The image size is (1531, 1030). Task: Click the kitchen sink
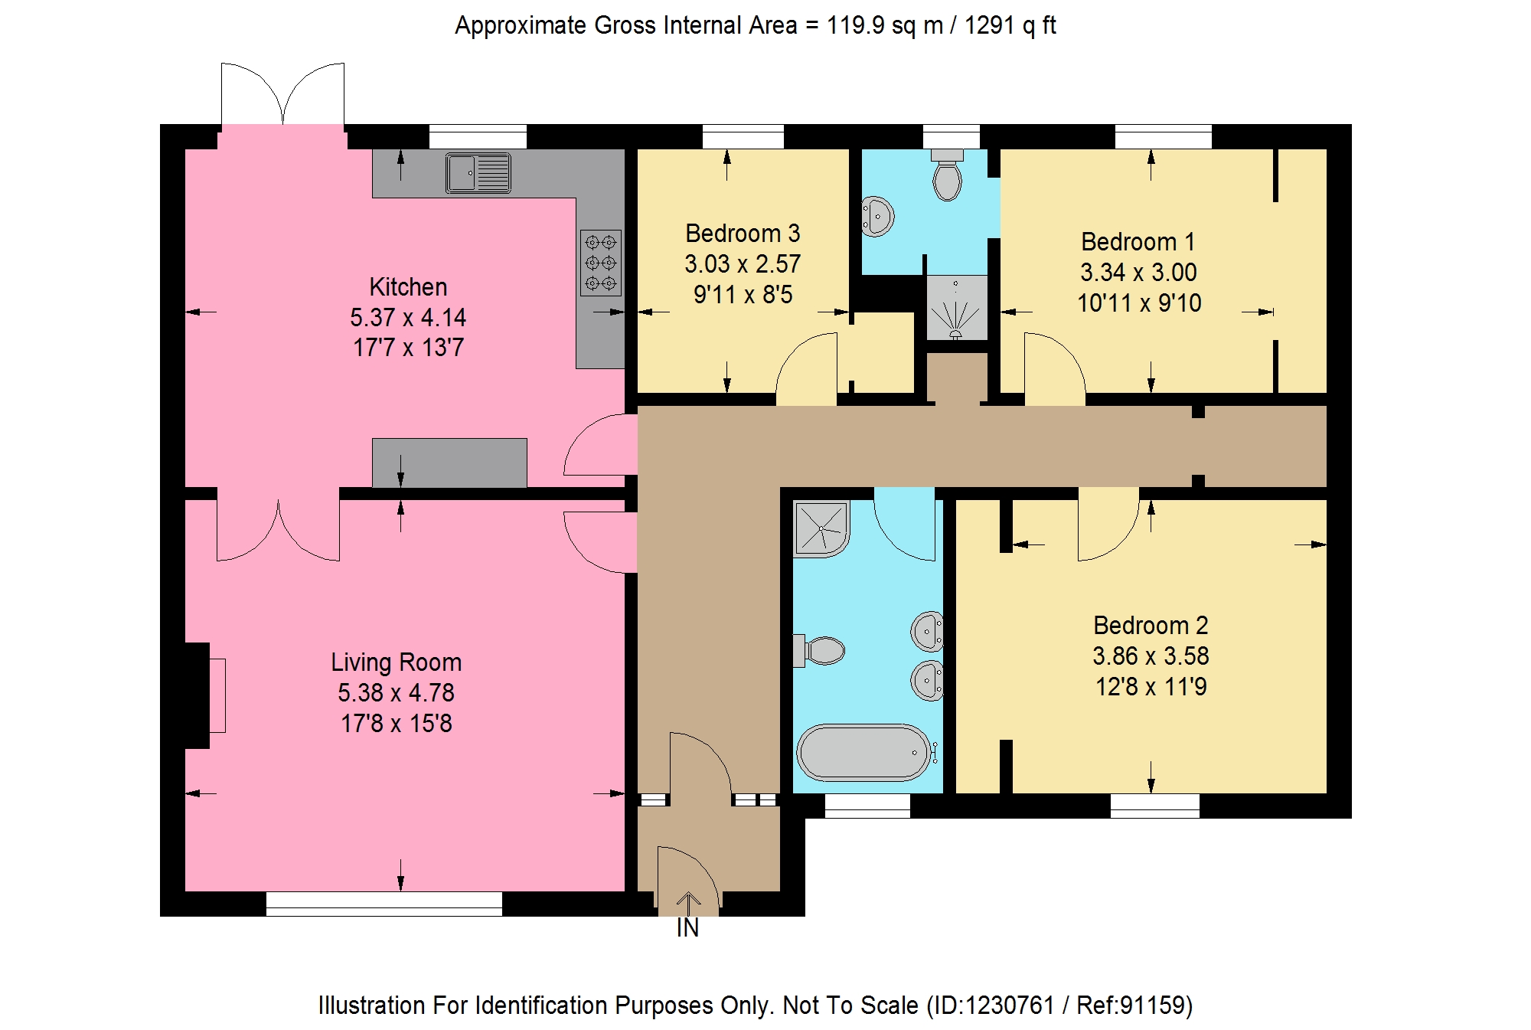click(x=478, y=172)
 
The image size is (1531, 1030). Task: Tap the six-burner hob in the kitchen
click(x=601, y=263)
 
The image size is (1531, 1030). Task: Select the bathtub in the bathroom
click(x=863, y=752)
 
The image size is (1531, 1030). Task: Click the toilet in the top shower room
click(x=948, y=175)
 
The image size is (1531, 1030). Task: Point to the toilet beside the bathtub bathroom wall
click(x=819, y=651)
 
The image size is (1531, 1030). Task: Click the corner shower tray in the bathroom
click(x=821, y=528)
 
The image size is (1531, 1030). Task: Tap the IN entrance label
click(x=687, y=928)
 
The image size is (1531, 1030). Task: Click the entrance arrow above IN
click(x=688, y=904)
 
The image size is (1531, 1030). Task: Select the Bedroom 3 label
click(x=743, y=233)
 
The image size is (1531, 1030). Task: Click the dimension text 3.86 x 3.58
click(x=1151, y=656)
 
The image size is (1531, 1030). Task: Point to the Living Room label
click(x=396, y=662)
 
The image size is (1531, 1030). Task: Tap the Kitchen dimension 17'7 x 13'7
click(x=408, y=347)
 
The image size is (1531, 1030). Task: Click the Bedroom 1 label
click(x=1138, y=241)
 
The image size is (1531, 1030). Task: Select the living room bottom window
click(x=384, y=904)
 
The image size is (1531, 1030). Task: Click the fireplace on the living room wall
click(x=205, y=695)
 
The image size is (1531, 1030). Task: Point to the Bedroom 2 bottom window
click(x=1154, y=806)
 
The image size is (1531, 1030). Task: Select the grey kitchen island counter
click(x=449, y=463)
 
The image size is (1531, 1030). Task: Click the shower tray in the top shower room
click(x=956, y=307)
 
